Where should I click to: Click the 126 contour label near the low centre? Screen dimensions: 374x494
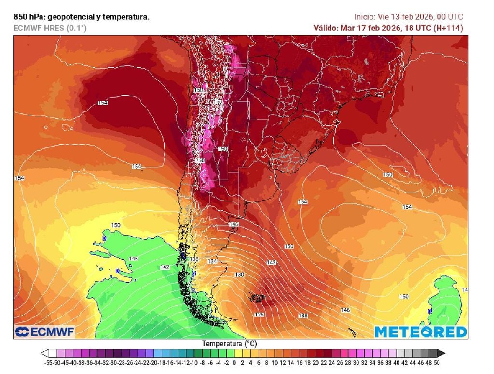[x=260, y=315]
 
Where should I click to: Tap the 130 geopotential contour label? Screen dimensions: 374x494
[x=239, y=274]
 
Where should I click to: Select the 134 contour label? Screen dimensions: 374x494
[x=212, y=261]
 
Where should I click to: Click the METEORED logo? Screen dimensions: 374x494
[x=421, y=332]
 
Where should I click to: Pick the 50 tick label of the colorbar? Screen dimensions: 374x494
[x=437, y=362]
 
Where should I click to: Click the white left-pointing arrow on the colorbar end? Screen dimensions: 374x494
[x=45, y=353]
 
